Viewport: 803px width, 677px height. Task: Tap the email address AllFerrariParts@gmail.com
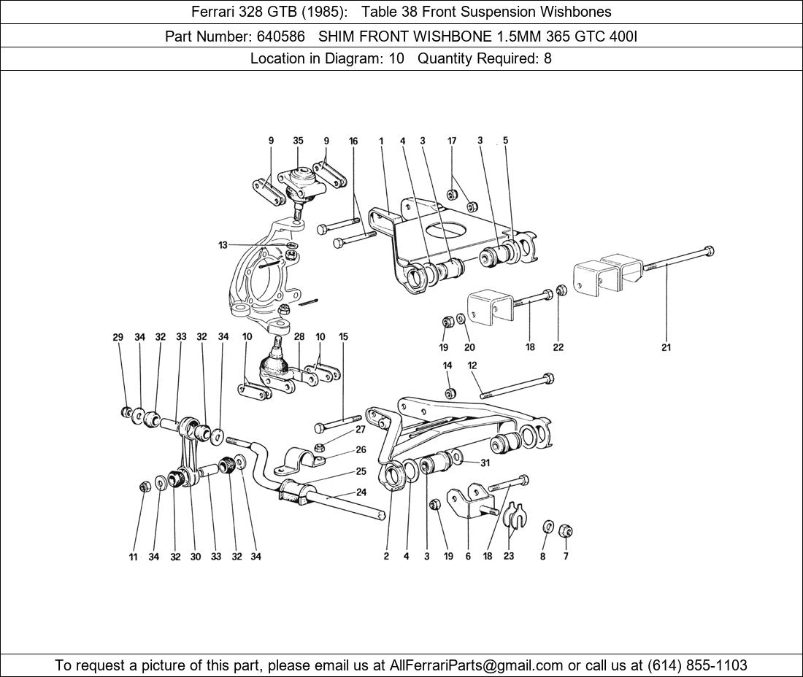(477, 665)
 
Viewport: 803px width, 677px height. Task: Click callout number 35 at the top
(298, 141)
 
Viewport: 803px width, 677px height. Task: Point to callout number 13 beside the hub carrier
(223, 245)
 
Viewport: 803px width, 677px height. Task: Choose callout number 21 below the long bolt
(666, 347)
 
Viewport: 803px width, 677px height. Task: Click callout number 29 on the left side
(118, 337)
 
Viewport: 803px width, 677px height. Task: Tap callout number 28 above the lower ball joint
(299, 337)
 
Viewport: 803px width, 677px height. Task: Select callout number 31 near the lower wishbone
(485, 463)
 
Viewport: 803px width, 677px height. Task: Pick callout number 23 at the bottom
(509, 557)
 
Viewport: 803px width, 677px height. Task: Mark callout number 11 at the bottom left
(133, 557)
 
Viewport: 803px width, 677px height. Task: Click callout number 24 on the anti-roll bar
(361, 492)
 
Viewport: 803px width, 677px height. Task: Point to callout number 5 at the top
(505, 141)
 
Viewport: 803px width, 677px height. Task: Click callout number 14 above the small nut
(447, 365)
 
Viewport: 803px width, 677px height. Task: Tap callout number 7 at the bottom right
(565, 557)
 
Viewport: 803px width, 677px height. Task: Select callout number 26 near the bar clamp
(361, 450)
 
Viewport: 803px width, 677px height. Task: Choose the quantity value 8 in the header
(547, 58)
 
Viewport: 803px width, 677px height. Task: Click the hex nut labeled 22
(561, 290)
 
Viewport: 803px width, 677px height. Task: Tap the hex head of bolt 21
(708, 252)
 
